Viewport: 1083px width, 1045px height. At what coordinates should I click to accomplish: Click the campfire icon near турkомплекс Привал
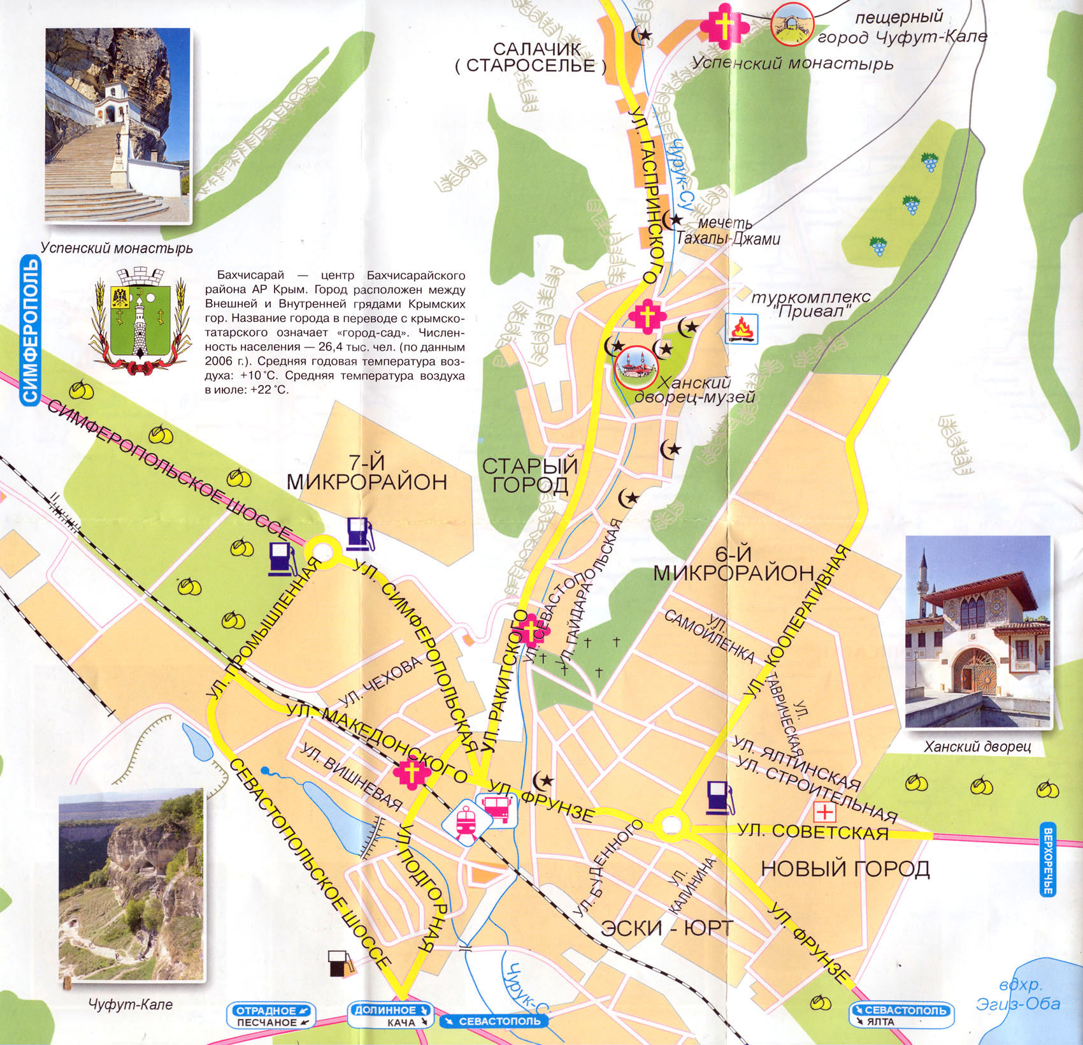pos(742,329)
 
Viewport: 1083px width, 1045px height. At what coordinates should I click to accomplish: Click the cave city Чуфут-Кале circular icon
pos(792,24)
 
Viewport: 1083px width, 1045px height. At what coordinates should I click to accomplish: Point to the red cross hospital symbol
pos(826,812)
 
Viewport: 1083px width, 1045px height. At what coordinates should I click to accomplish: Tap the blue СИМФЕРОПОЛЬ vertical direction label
pos(30,330)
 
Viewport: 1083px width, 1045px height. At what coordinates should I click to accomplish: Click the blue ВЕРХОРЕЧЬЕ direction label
pos(1048,861)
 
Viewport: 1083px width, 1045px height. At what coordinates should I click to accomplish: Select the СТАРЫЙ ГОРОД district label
pos(530,475)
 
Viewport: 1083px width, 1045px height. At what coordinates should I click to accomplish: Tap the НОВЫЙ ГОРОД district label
pos(845,868)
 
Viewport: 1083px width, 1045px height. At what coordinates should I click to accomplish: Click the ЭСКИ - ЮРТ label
pos(666,928)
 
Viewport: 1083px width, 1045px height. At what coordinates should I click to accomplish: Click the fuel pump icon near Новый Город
pos(719,798)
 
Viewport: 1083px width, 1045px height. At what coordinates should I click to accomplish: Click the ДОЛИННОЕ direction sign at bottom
pos(390,1010)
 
